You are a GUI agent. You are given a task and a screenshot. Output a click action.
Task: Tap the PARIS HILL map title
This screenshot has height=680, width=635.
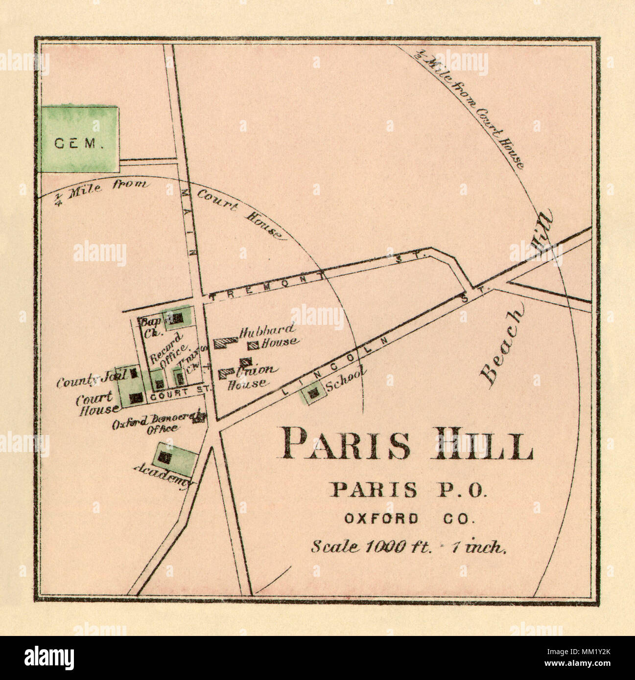(x=408, y=444)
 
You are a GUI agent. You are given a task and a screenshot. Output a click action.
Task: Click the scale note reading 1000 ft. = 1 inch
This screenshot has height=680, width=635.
(x=409, y=547)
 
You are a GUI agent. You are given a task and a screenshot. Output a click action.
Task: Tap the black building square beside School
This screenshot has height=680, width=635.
(x=314, y=392)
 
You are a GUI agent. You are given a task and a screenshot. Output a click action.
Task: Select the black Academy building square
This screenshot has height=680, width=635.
(x=165, y=458)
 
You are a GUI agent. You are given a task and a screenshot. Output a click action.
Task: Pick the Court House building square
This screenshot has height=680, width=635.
(x=137, y=398)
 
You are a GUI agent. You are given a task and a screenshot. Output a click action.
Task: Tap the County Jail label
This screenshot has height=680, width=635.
(x=92, y=379)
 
